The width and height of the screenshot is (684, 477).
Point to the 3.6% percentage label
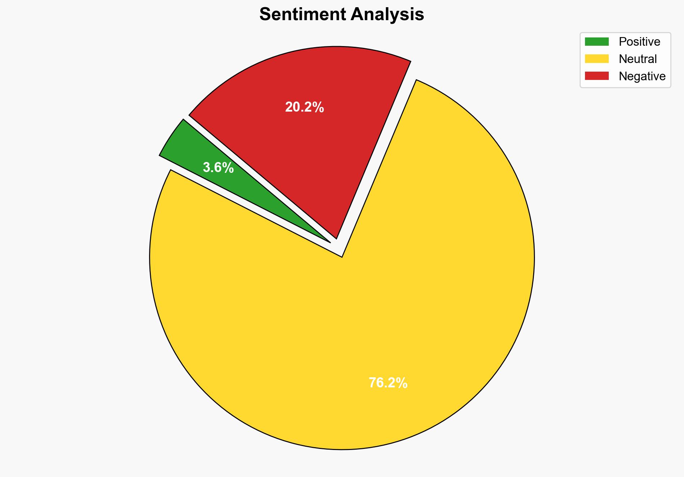coord(218,168)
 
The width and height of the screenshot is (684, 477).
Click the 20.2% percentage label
coord(305,107)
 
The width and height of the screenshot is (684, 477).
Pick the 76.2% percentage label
coord(388,383)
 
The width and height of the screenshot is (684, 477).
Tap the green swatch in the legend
coord(597,42)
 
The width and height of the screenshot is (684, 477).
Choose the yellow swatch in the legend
coord(597,59)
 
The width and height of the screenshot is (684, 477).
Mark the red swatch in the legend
coord(597,76)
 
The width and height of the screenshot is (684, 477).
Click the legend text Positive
coord(639,42)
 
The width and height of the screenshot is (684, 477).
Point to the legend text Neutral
coord(638,59)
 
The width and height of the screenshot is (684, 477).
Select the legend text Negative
coord(642,76)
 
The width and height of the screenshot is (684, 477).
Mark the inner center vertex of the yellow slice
coord(342,256)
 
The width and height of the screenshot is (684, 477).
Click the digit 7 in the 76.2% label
coord(372,383)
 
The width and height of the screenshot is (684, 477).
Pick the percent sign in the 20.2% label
coord(319,107)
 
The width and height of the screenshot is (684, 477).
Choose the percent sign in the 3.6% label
coord(228,168)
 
